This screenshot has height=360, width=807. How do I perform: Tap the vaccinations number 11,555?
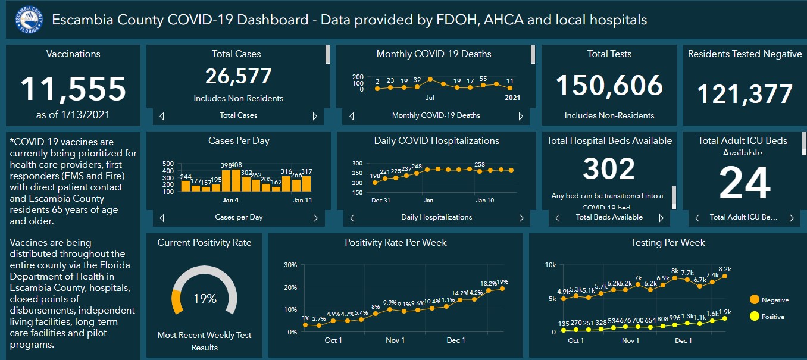(73, 89)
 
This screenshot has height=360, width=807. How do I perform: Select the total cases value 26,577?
(238, 76)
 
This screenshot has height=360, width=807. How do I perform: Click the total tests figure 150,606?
(609, 86)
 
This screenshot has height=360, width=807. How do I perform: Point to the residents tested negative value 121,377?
(745, 94)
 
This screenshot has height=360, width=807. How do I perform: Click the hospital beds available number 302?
(609, 169)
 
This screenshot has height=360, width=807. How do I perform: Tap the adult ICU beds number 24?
(745, 184)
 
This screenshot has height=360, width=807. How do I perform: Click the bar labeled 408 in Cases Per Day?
(236, 181)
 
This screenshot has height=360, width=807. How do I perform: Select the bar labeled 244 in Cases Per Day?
(186, 186)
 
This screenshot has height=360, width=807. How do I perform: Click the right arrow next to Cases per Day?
(315, 218)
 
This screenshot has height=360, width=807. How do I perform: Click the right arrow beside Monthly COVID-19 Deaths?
(521, 116)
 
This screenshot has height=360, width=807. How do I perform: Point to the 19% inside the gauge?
(204, 299)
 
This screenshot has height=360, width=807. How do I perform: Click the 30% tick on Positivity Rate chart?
(290, 265)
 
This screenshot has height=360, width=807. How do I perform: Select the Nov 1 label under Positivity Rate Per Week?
(395, 340)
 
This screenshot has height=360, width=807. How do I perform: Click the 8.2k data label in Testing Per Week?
(725, 269)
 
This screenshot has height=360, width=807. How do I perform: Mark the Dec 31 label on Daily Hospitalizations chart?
(380, 201)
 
